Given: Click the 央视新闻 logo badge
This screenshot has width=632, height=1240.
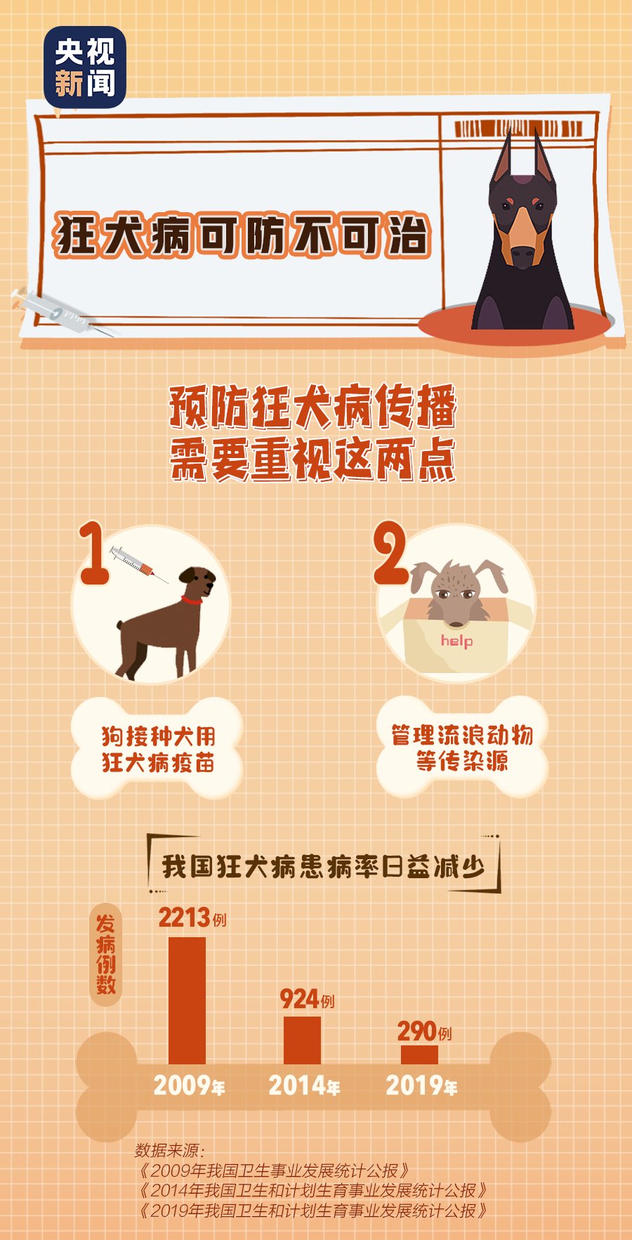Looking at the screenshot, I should click(x=85, y=67).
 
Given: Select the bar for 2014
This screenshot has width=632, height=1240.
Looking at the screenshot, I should click(x=302, y=1040).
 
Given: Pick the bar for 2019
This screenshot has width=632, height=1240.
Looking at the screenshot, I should click(x=419, y=1055).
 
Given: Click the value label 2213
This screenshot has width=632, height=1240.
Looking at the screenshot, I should click(x=185, y=918).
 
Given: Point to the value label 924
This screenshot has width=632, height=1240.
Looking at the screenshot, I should click(x=299, y=998).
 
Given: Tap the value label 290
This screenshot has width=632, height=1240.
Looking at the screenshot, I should click(x=417, y=1031).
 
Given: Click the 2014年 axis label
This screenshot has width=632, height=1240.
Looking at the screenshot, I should click(x=304, y=1086).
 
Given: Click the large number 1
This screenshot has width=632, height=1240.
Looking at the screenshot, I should click(x=93, y=553).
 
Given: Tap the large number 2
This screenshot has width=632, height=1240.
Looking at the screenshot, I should click(x=390, y=553).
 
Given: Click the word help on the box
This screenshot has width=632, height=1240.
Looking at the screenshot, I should click(x=456, y=641).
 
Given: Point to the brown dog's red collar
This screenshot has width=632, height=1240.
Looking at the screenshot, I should click(x=192, y=600).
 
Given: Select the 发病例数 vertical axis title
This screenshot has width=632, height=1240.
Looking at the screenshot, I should click(x=106, y=954).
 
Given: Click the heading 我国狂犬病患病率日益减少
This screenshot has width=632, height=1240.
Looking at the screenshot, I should click(x=323, y=866).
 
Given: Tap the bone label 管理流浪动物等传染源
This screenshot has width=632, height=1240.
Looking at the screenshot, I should click(x=461, y=748).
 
